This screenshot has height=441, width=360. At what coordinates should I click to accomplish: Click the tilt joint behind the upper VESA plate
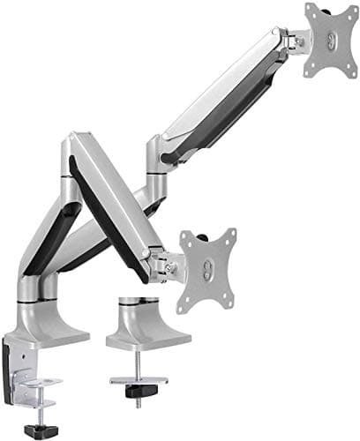pyautogui.click(x=295, y=39)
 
